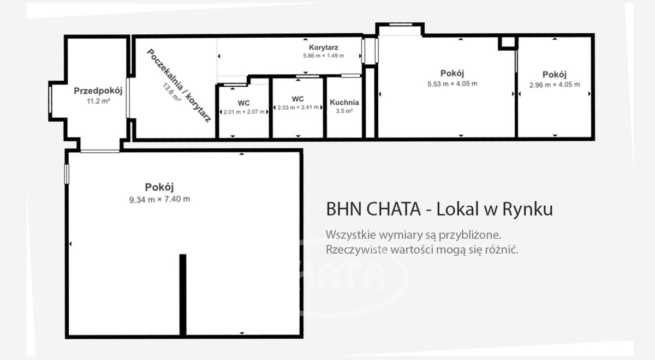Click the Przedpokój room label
click(98, 91)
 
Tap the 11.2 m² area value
click(98, 101)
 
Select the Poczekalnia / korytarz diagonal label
click(179, 85)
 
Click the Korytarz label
click(323, 47)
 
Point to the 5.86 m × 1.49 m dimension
click(323, 56)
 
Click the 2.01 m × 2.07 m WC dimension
click(244, 112)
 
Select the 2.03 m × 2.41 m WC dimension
click(298, 107)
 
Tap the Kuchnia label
click(344, 103)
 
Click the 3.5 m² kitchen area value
click(344, 111)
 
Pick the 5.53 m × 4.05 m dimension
click(452, 84)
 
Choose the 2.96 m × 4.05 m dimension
click(555, 85)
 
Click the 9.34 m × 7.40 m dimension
click(159, 200)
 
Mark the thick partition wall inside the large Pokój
click(183, 295)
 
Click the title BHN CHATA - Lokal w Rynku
click(439, 209)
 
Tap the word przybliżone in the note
click(470, 235)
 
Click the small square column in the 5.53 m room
click(508, 43)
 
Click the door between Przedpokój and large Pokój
click(100, 152)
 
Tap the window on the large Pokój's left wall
click(67, 174)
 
